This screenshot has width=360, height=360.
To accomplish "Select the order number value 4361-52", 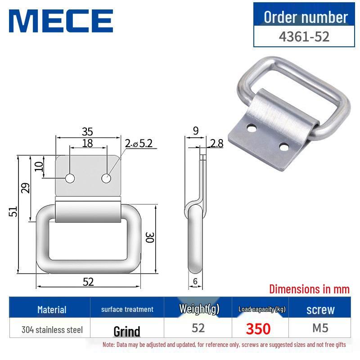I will (x=304, y=36).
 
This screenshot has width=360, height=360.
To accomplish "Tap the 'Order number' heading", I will (x=306, y=17).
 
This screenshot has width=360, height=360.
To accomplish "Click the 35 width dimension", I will (x=87, y=131).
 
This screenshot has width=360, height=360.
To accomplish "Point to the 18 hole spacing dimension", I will (x=87, y=143).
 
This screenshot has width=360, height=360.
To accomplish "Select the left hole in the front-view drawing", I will (x=70, y=178).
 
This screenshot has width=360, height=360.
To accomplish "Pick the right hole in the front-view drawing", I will (x=106, y=178).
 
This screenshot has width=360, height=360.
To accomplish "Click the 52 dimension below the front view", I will (x=88, y=282).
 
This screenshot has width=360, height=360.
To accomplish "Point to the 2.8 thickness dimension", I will (x=216, y=144).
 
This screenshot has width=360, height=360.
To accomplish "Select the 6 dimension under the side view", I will (x=195, y=281).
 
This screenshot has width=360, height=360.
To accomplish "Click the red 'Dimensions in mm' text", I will (x=309, y=289).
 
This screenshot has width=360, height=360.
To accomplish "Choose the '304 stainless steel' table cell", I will (x=52, y=330).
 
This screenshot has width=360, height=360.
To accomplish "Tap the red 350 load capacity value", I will (x=258, y=329).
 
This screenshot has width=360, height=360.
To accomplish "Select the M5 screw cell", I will (x=320, y=328).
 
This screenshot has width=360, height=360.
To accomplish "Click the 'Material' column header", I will (x=52, y=310).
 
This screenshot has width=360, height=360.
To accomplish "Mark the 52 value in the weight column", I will (x=198, y=328).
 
